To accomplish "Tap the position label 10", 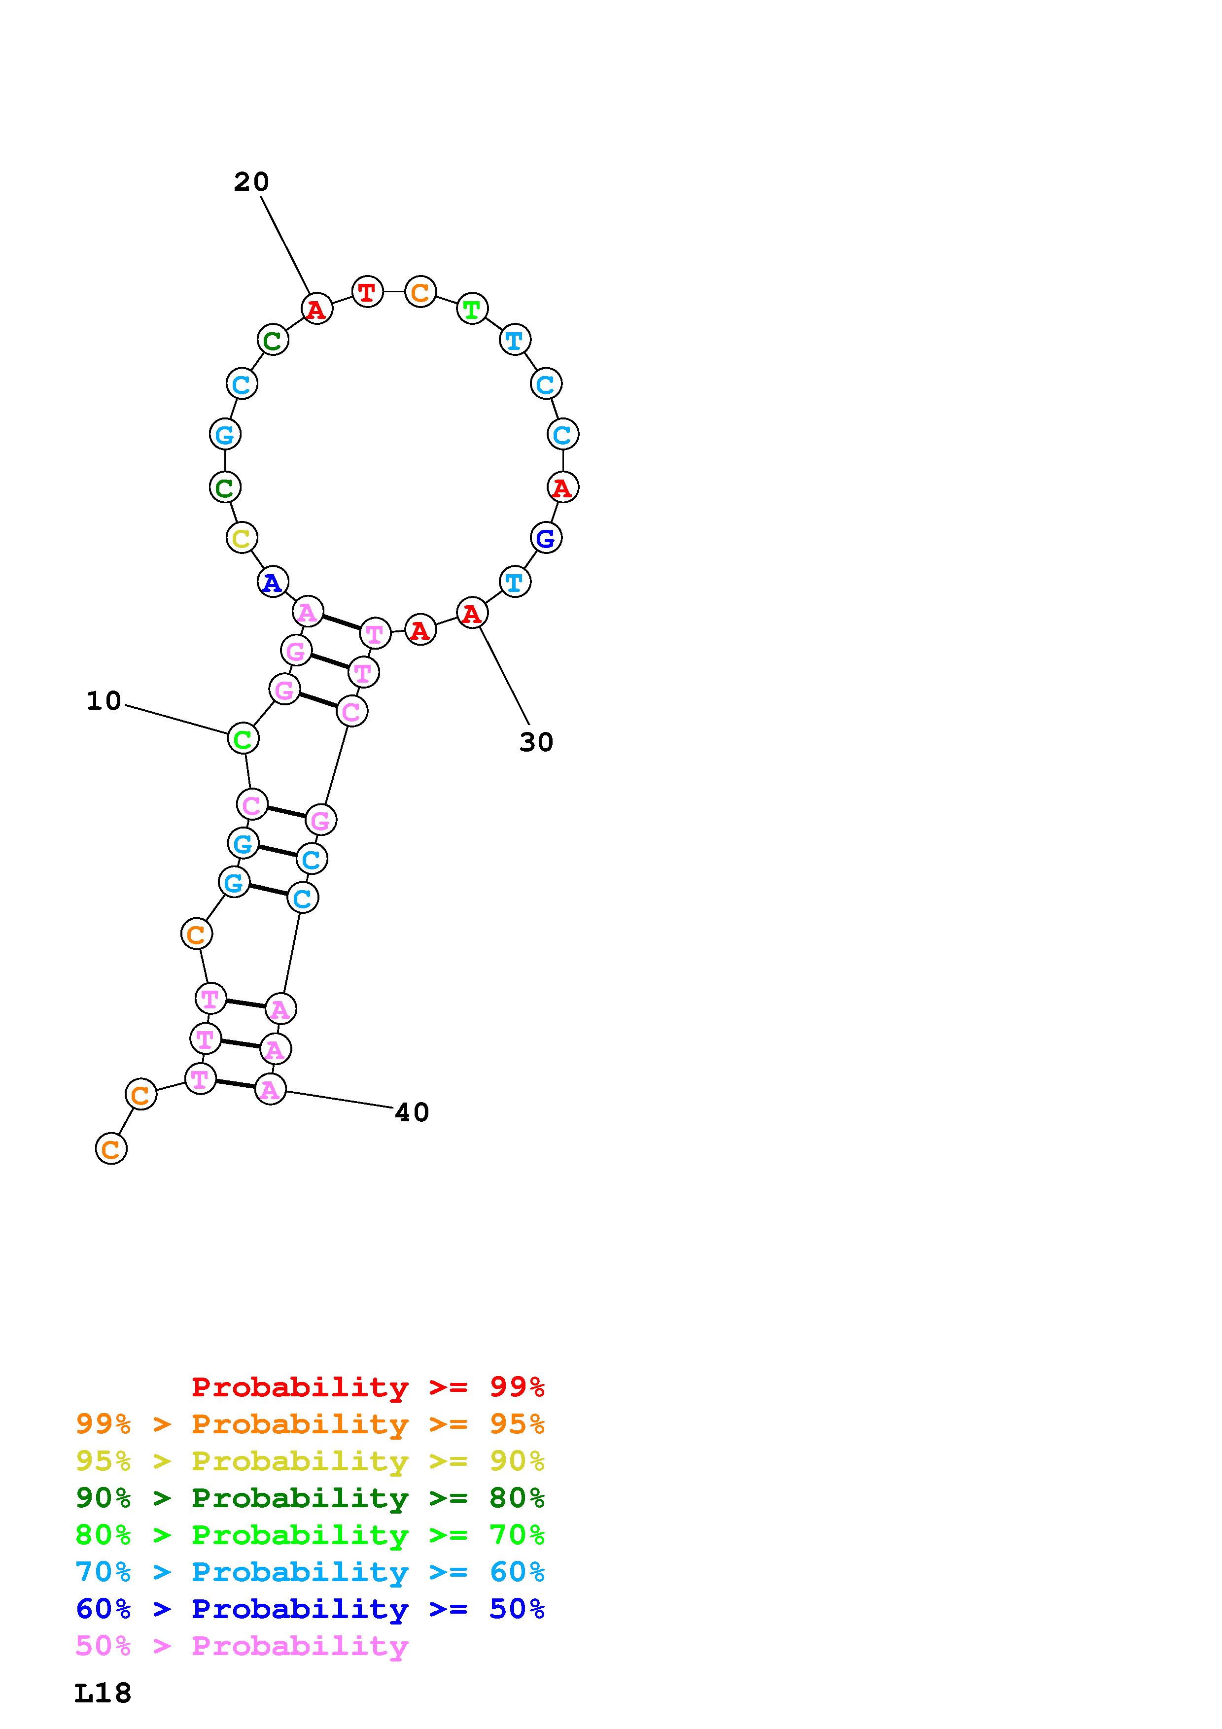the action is tap(104, 701).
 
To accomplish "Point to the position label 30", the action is tap(536, 742).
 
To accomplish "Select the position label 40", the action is tap(412, 1112).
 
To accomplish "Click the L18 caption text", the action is tap(103, 1694).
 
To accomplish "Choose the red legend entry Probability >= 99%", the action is tap(368, 1386).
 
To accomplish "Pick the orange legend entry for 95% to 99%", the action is tap(310, 1423).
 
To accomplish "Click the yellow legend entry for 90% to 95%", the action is tap(310, 1460).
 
